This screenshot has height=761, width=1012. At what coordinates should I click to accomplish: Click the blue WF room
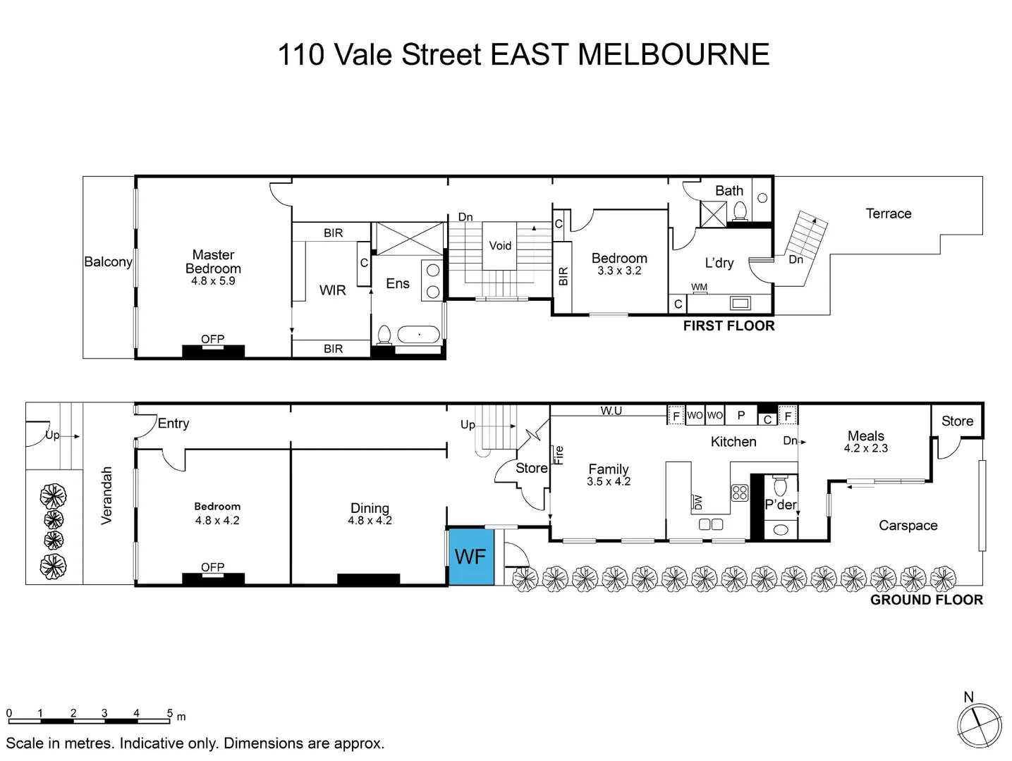[x=470, y=556]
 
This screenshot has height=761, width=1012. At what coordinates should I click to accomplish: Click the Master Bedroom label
[x=213, y=261]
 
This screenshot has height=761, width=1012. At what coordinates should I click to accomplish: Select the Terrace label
[x=888, y=214]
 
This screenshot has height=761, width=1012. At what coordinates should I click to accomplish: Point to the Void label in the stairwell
[x=500, y=246]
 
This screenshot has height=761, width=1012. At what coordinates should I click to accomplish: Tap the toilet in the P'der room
[x=780, y=487]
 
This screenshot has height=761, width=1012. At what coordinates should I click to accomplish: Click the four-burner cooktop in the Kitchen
[x=739, y=493]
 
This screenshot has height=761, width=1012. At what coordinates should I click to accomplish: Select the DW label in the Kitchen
[x=698, y=502]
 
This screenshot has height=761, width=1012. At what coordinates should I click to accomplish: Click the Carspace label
[x=908, y=526]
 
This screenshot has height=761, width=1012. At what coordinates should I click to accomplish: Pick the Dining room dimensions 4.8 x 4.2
[x=370, y=521]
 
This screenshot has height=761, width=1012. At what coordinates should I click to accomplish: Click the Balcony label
[x=108, y=261]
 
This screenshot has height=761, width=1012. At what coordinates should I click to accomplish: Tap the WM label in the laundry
[x=699, y=287]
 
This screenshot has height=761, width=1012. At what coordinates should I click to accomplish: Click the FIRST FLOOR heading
[x=728, y=326]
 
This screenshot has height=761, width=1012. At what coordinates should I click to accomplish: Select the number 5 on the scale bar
[x=169, y=713]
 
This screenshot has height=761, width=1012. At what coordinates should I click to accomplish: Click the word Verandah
[x=106, y=495]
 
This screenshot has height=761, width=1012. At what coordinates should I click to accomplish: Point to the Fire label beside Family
[x=559, y=455]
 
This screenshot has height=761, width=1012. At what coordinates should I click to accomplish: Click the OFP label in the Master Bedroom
[x=212, y=340]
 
